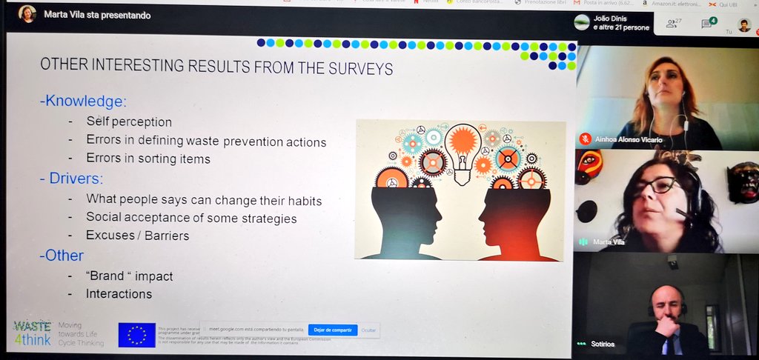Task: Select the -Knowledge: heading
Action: coord(83,101)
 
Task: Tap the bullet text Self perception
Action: coord(129,121)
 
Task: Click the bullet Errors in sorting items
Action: coord(148,159)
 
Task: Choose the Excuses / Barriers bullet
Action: coord(137,236)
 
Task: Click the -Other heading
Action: coord(62,256)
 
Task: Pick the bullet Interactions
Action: coord(119,294)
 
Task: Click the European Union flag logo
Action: coord(136,335)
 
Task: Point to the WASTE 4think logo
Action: coord(33,333)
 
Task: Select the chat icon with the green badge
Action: coord(707,24)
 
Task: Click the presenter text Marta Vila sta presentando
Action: coord(97,14)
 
